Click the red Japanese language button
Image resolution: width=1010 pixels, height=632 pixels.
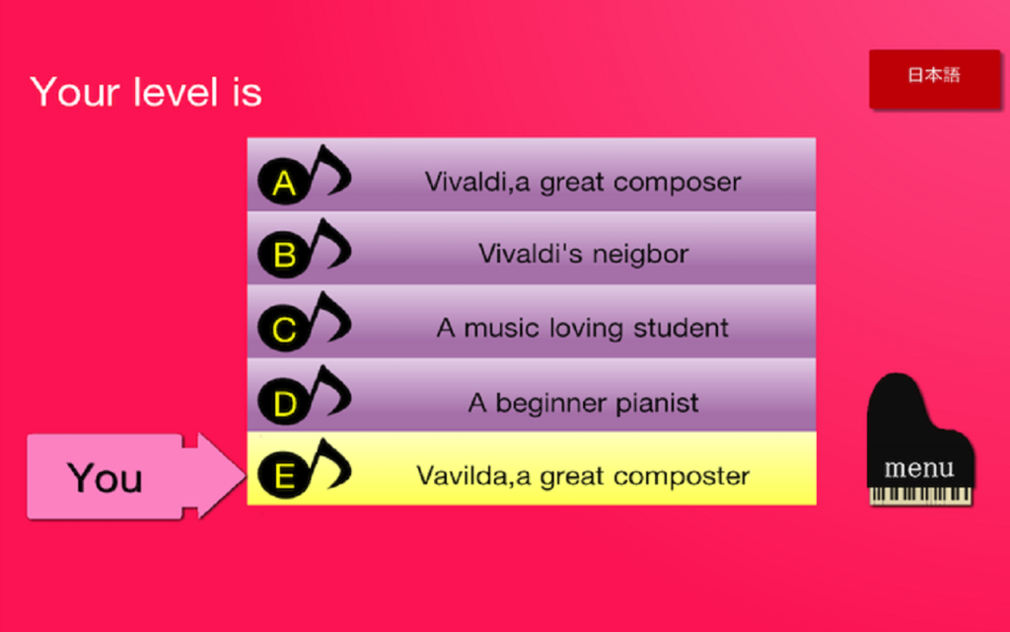coord(935,79)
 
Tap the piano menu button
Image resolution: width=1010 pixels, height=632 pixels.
coord(920,439)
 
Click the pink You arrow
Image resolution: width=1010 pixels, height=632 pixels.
coord(136,477)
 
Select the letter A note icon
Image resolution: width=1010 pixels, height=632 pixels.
coord(304,174)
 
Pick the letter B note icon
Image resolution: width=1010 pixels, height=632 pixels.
coord(304,248)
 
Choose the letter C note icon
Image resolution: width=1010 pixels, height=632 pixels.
coord(304,321)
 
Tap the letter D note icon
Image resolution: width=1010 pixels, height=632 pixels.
coord(304,395)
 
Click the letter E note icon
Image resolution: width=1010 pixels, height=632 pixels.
coord(304,468)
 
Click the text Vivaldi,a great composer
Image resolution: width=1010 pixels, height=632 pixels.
coord(583,183)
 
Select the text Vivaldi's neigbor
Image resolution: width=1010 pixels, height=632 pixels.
coord(583,254)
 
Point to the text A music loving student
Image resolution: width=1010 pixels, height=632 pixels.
coord(583,328)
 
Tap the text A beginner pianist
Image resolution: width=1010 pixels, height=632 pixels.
coord(583,403)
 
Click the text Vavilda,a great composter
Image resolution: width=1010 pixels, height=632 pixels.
coord(583,476)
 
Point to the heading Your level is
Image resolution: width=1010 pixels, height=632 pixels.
coord(146,92)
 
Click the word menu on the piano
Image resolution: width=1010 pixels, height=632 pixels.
coord(919,467)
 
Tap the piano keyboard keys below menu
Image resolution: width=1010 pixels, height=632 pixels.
coord(920,496)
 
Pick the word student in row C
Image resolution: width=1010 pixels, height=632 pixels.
coord(681,328)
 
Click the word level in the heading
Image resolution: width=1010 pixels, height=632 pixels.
coord(176,92)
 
